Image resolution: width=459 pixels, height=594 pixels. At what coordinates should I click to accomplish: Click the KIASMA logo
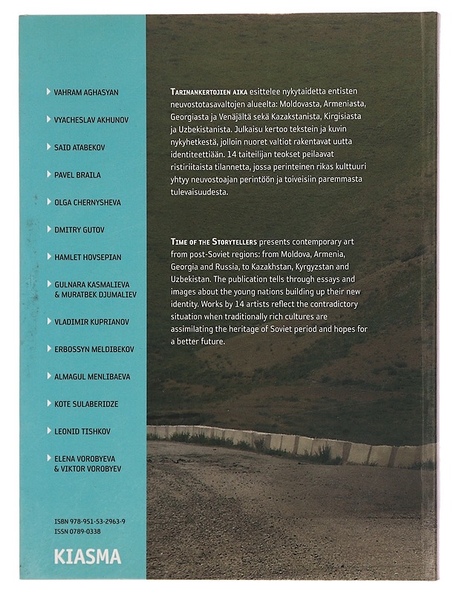[x=87, y=556]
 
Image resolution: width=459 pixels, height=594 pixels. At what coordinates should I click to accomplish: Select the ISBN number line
[x=90, y=522]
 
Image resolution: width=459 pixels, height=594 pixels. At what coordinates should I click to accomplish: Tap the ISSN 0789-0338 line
[x=79, y=532]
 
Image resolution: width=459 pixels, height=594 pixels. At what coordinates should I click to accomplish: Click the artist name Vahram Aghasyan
[x=86, y=93]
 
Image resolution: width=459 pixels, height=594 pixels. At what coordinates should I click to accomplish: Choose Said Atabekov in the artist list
[x=79, y=148]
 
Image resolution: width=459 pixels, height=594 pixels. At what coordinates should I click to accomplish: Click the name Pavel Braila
[x=77, y=175]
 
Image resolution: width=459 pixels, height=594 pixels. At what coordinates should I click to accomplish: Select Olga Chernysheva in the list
[x=88, y=202]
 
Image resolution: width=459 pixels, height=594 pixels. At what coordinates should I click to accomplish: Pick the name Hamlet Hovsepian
[x=87, y=257]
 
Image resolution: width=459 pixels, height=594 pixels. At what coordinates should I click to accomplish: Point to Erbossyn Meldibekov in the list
[x=92, y=349]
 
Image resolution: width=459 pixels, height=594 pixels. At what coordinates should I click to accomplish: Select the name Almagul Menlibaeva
[x=92, y=376]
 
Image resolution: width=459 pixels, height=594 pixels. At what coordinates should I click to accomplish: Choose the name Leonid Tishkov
[x=82, y=431]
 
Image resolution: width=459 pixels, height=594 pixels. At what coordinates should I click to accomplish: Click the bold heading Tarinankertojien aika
[x=204, y=90]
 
